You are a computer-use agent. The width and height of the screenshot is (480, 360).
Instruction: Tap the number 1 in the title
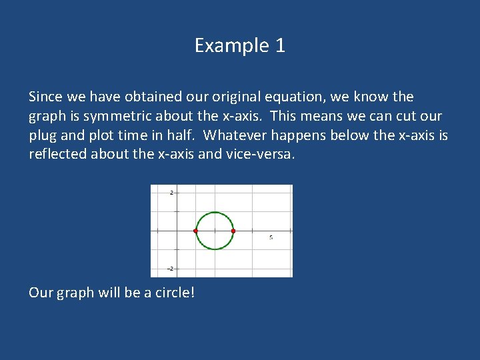pyautogui.click(x=280, y=46)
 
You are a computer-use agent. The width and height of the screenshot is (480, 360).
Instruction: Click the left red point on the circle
pyautogui.click(x=195, y=231)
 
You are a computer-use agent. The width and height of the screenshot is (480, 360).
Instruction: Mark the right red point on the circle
pyautogui.click(x=233, y=231)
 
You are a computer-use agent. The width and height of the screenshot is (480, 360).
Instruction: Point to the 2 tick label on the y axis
pyautogui.click(x=171, y=193)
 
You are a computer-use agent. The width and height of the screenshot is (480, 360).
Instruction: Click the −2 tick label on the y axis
pyautogui.click(x=171, y=269)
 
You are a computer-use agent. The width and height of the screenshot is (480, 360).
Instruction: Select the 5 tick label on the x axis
pyautogui.click(x=271, y=237)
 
